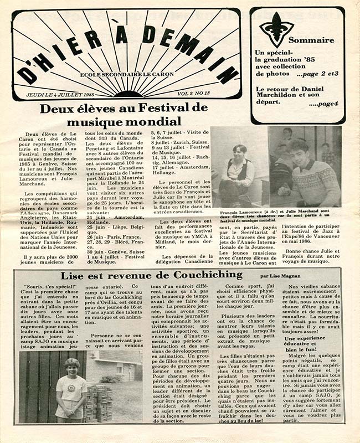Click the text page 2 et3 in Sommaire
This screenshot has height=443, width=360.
(318, 74)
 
